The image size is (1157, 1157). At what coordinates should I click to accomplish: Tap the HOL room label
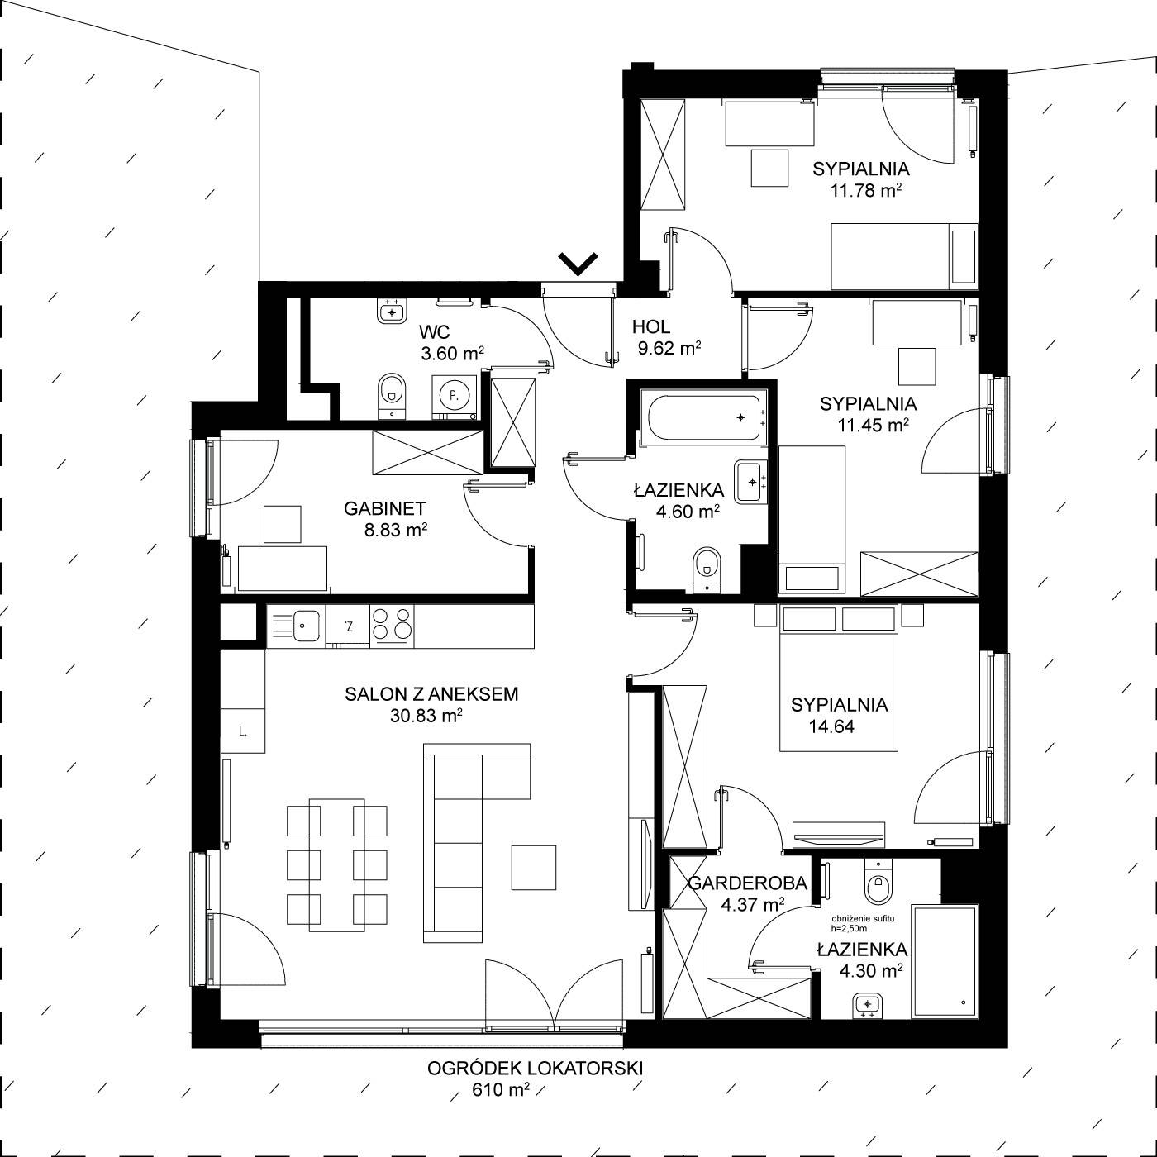[651, 327]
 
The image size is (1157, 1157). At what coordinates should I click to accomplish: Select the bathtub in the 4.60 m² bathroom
[703, 417]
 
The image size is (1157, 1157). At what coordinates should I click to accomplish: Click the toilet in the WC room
[392, 396]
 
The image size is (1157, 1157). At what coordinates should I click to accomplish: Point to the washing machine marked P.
[454, 397]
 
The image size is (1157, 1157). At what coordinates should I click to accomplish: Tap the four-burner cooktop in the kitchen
[392, 625]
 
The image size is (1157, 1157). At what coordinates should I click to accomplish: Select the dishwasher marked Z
[348, 626]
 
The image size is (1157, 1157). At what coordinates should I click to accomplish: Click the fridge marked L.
[243, 730]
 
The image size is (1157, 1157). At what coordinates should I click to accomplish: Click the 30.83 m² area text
[426, 716]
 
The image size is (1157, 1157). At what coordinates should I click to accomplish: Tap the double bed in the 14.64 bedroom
[839, 678]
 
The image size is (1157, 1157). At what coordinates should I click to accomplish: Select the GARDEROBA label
[748, 883]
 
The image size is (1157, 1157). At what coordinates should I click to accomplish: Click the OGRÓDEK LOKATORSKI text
[535, 1068]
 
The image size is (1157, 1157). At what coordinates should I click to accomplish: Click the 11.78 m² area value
[866, 191]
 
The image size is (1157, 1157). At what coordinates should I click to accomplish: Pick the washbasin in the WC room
[393, 311]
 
